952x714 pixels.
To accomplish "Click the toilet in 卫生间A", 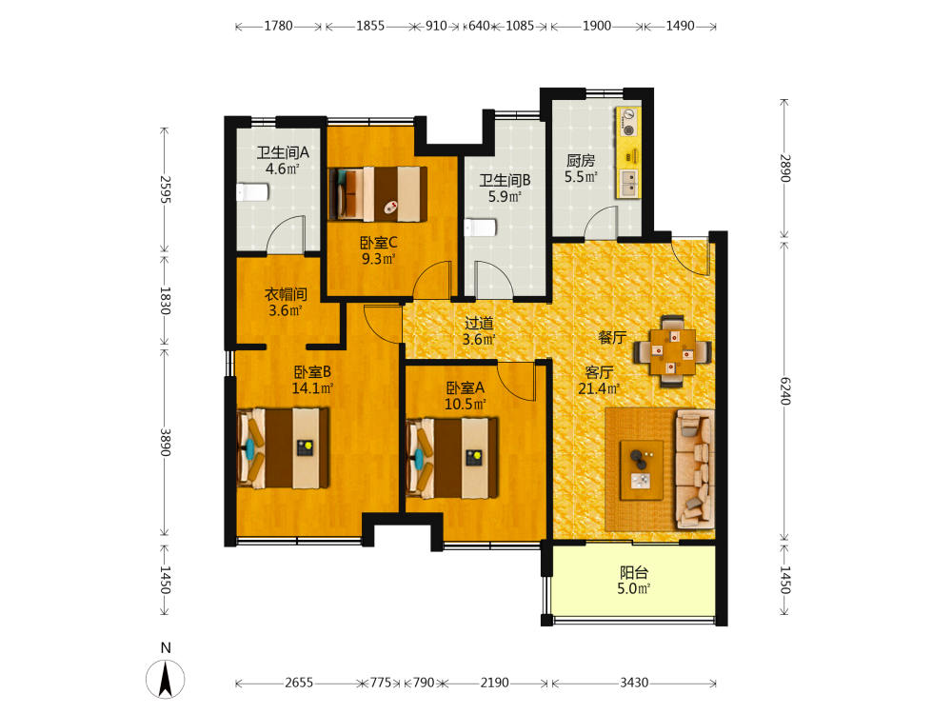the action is pyautogui.click(x=252, y=192).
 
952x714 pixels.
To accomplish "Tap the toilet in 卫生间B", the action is pyautogui.click(x=480, y=228).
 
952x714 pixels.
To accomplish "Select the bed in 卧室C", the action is pyautogui.click(x=378, y=193).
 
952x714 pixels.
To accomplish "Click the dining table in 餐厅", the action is pyautogui.click(x=673, y=351).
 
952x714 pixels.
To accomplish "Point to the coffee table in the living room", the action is pyautogui.click(x=641, y=470).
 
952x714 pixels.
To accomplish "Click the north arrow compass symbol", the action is pyautogui.click(x=165, y=679).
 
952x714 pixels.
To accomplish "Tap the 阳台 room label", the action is pyautogui.click(x=634, y=572).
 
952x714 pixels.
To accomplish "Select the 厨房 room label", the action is pyautogui.click(x=581, y=161).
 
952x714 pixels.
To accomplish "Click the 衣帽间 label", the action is pyautogui.click(x=286, y=294).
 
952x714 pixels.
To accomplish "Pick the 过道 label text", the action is pyautogui.click(x=479, y=323).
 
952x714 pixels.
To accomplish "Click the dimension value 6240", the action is pyautogui.click(x=785, y=391).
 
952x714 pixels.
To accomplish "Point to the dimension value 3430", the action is pyautogui.click(x=634, y=683).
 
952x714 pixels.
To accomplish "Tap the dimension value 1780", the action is pyautogui.click(x=278, y=26).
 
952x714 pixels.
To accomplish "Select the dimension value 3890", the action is pyautogui.click(x=165, y=442).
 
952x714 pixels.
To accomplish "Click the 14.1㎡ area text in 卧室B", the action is pyautogui.click(x=312, y=388).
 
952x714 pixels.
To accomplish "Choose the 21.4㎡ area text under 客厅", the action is pyautogui.click(x=599, y=388).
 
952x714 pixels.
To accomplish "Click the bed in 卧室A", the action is pyautogui.click(x=451, y=458).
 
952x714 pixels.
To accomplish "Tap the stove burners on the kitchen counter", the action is pyautogui.click(x=628, y=122).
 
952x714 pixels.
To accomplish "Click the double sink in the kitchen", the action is pyautogui.click(x=628, y=183).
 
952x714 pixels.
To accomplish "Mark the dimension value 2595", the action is pyautogui.click(x=165, y=189).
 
